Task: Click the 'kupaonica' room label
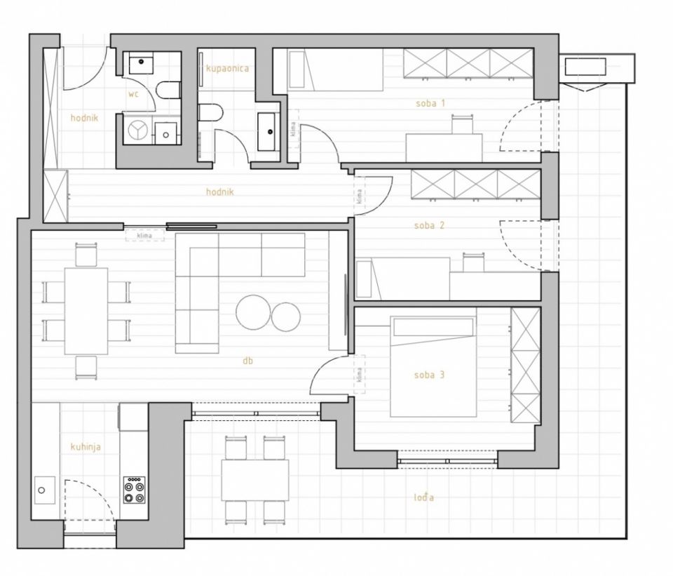(x=227, y=69)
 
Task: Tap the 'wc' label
(x=133, y=94)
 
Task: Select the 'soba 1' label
(x=430, y=103)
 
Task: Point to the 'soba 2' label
(x=429, y=225)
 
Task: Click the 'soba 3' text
(x=429, y=375)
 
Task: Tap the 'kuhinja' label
(x=86, y=447)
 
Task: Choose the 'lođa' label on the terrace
(x=423, y=497)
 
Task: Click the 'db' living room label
(x=247, y=361)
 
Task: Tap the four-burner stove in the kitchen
(x=135, y=490)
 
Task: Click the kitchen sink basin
(x=45, y=490)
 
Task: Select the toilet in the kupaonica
(x=211, y=113)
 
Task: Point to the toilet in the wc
(x=168, y=91)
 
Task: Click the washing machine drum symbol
(x=137, y=130)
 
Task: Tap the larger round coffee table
(x=254, y=312)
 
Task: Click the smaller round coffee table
(x=286, y=316)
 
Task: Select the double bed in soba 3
(x=433, y=366)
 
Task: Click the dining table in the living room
(x=86, y=311)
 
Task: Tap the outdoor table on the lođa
(x=255, y=480)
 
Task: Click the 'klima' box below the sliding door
(x=144, y=236)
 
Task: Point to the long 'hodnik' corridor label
(x=219, y=192)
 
